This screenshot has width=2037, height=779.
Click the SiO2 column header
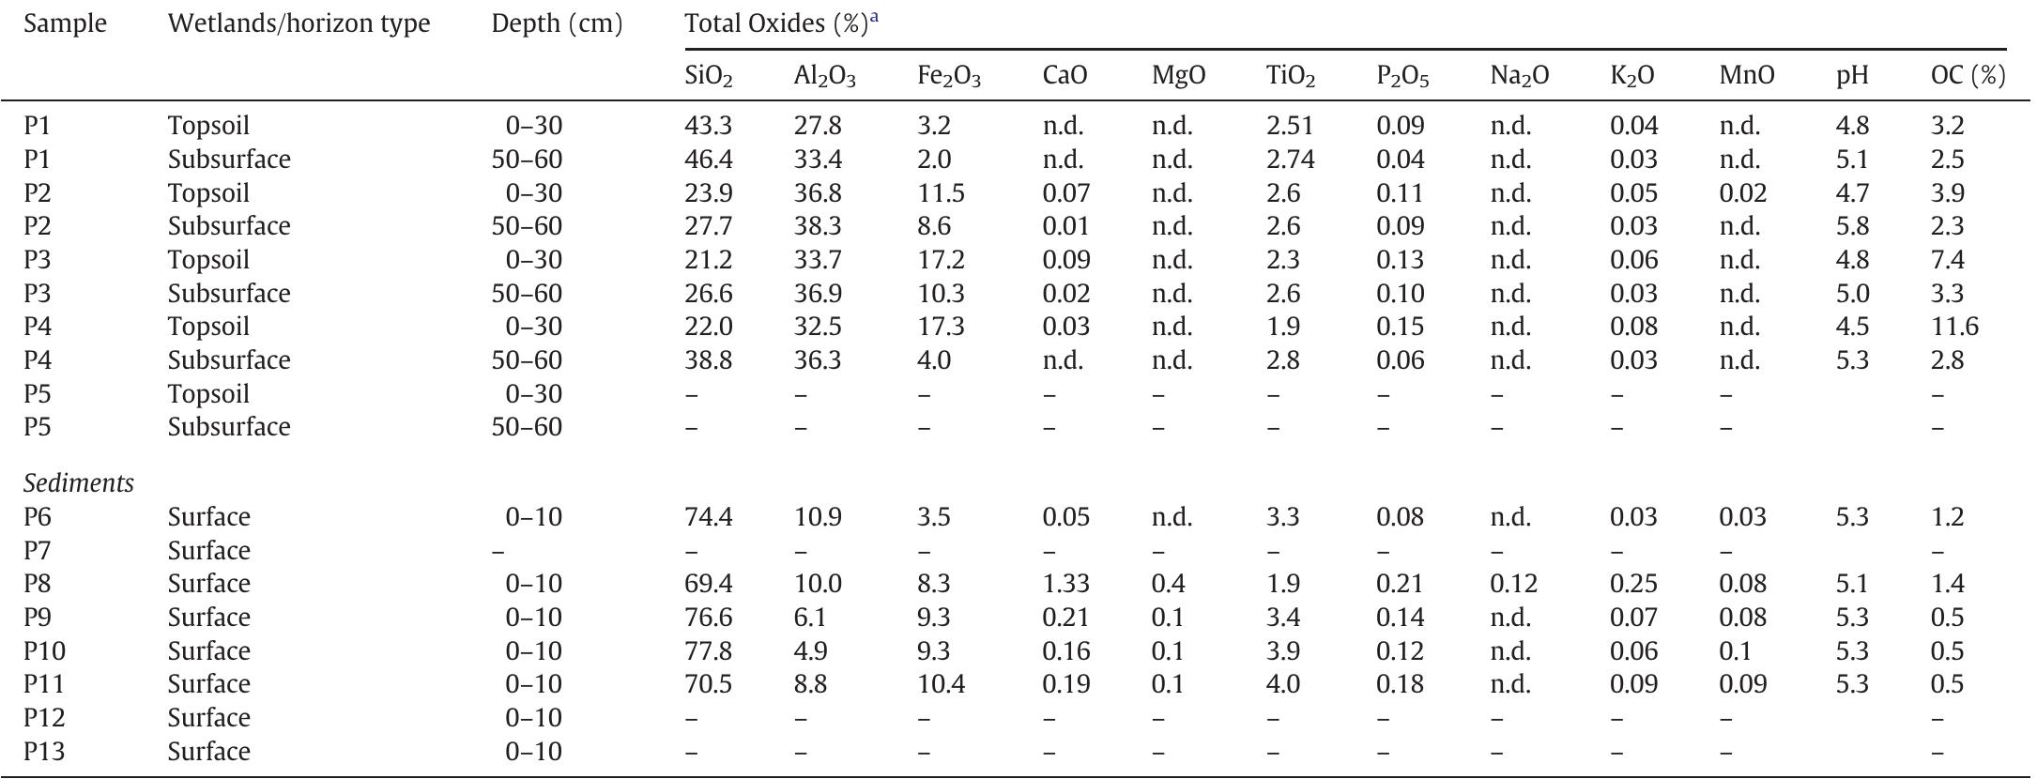[709, 76]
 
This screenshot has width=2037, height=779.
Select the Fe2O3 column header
[949, 76]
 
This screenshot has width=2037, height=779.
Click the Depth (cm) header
[557, 24]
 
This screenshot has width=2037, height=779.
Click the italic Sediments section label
[79, 483]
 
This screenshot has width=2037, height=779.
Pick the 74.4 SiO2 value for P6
[709, 517]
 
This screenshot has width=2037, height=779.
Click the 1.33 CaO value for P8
[1066, 584]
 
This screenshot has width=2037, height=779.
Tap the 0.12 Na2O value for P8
[1513, 584]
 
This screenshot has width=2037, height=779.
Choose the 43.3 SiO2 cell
[709, 126]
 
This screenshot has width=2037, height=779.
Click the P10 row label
[44, 651]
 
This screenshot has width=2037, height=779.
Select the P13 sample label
[44, 752]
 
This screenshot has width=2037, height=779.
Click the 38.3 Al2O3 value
[818, 226]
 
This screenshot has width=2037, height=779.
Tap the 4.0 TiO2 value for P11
[1283, 684]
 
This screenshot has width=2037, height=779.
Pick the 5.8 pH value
[1853, 226]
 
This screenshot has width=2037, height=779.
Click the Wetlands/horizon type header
[299, 24]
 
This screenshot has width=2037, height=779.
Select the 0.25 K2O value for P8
[1633, 584]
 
